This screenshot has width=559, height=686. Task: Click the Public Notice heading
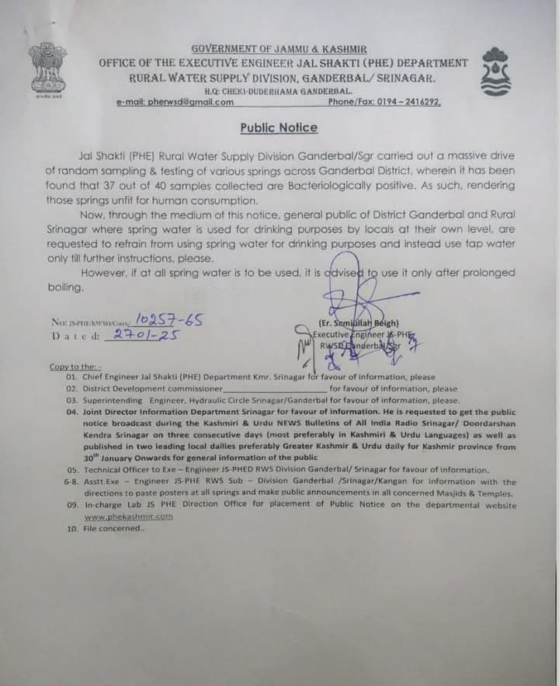point(278,127)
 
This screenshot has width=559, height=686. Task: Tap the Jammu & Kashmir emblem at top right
point(498,72)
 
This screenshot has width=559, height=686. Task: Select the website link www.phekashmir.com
point(128,516)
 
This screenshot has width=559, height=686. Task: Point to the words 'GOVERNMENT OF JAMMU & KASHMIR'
point(279,49)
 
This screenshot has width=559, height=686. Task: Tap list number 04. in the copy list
point(72,412)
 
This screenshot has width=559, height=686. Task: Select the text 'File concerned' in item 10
point(114,528)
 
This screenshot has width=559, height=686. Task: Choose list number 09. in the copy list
point(72,505)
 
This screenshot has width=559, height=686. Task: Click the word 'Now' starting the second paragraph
point(90,214)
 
